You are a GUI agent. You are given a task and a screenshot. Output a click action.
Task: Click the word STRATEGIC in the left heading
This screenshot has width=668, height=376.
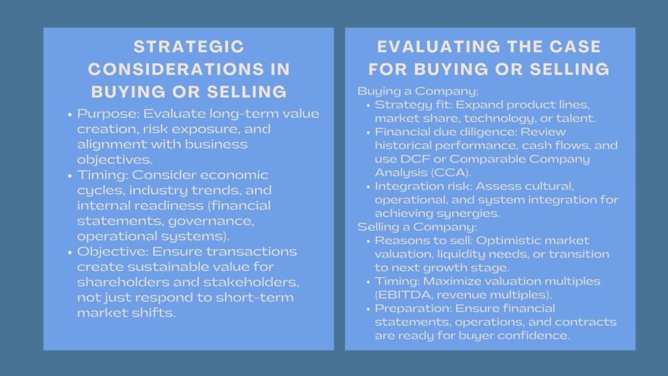pos(189,47)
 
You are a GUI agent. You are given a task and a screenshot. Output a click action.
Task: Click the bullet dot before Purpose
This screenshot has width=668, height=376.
pos(70,114)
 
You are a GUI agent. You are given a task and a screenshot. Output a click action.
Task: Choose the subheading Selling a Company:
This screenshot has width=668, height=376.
pos(399,227)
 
